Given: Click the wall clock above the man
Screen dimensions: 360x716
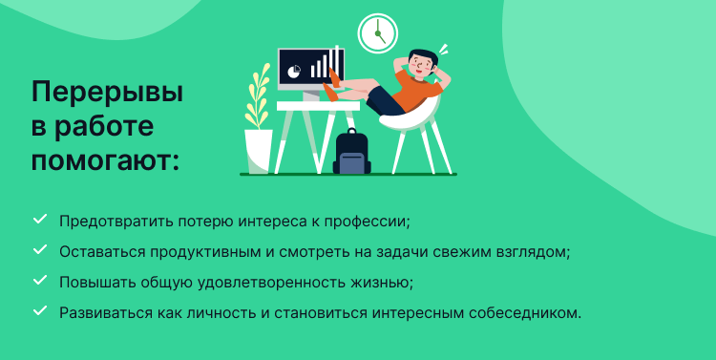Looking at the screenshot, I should [377, 32].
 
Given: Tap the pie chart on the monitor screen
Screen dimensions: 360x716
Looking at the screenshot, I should [295, 71].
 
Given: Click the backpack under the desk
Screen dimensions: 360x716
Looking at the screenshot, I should [352, 152].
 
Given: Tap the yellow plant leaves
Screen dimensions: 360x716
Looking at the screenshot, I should [257, 95].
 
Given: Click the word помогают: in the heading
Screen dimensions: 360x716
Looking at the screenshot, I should [105, 159].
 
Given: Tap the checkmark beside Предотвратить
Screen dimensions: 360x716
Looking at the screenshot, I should [40, 220].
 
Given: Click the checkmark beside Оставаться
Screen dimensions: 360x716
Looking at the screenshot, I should [40, 250].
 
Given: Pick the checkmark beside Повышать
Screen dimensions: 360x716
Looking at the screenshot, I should [40, 281].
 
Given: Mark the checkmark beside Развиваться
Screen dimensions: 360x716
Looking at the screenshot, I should [40, 311].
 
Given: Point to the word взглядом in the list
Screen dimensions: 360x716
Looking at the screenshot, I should [534, 251].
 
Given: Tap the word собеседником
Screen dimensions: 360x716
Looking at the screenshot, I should [530, 312].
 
